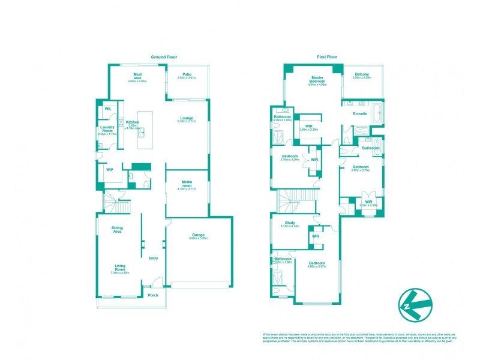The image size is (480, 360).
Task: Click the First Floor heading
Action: point(327,57)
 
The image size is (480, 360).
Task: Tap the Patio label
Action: point(187,75)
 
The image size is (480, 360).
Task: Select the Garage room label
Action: point(198,235)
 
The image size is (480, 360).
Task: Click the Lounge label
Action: point(187,118)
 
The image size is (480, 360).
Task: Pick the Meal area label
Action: point(137,76)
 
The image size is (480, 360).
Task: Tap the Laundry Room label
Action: point(108,129)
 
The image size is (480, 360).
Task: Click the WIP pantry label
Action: point(110,170)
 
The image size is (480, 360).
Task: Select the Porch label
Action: point(153,295)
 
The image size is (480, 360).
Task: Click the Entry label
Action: point(153,259)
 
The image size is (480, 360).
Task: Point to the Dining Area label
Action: point(117,229)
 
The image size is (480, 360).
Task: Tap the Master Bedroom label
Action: point(317,79)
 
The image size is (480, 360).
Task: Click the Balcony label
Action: point(361,74)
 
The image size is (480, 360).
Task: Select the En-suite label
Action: point(359,113)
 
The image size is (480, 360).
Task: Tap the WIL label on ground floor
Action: point(108,109)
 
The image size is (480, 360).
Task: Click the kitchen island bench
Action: point(145,130)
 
